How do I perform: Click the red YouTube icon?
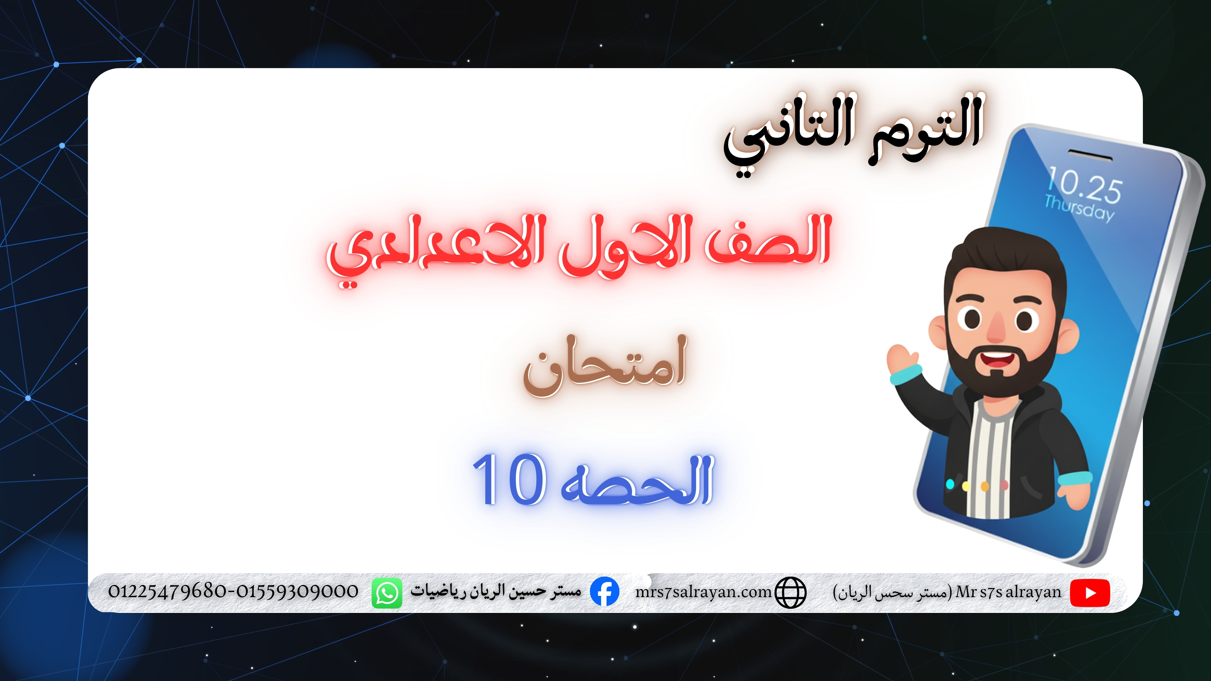1090,593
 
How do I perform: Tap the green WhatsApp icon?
387,593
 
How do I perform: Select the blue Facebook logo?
604,592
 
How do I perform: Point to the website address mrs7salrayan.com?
703,592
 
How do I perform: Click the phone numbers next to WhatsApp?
233,591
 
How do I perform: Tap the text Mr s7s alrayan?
1009,592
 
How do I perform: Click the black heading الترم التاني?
853,133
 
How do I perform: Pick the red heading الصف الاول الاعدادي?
579,248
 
